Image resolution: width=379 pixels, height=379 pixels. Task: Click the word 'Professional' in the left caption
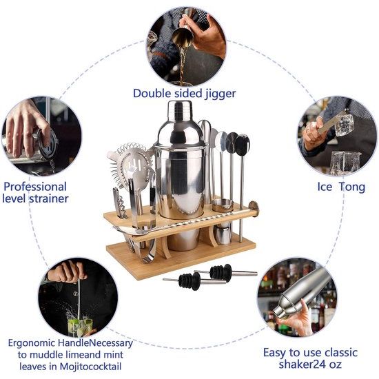[x=35, y=186]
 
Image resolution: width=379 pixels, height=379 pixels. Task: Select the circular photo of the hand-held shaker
[x=297, y=297]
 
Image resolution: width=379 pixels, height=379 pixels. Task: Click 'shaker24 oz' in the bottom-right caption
[x=303, y=365]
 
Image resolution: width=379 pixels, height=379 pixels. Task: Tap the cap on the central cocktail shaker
[x=181, y=110]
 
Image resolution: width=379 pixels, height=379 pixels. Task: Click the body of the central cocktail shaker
[x=181, y=179]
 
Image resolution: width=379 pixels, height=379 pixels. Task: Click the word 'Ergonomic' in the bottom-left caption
[x=35, y=342]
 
